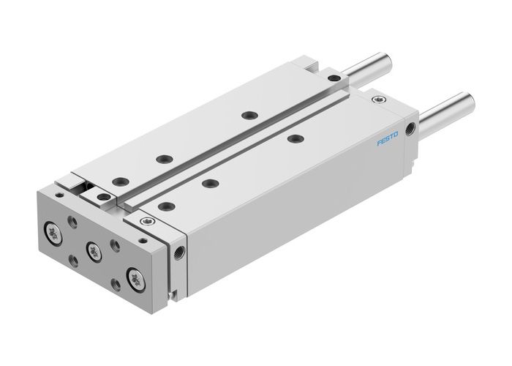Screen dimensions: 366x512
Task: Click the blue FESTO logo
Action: [x=388, y=137]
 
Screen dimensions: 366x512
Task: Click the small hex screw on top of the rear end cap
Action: [x=377, y=97]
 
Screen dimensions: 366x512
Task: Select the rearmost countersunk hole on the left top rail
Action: [x=250, y=115]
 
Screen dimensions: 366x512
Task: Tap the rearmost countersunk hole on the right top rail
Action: [x=294, y=138]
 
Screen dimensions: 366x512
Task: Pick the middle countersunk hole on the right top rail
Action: [x=210, y=184]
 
